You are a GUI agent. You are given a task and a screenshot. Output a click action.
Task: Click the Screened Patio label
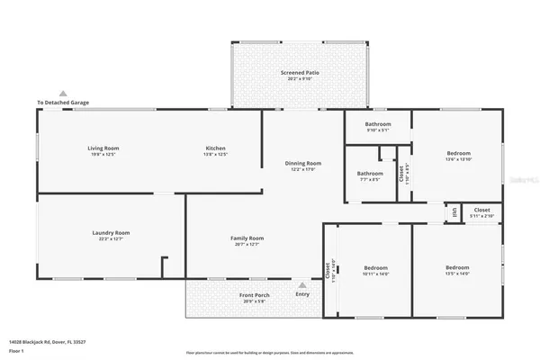301,72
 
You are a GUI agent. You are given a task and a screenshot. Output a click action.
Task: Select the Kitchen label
215,148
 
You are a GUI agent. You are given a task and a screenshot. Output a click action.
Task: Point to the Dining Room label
302,163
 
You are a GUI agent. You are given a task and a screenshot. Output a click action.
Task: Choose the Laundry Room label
111,232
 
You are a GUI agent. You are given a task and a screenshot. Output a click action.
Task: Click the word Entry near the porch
301,294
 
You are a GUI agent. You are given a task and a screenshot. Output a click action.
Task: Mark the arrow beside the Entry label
301,285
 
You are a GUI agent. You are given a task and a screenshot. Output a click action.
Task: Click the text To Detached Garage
63,103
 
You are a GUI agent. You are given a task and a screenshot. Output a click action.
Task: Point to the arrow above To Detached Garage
63,93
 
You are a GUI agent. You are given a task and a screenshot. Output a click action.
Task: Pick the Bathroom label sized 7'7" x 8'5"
370,173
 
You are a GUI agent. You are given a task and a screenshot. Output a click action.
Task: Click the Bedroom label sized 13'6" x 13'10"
457,153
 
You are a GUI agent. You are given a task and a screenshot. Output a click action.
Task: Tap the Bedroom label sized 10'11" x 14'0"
375,267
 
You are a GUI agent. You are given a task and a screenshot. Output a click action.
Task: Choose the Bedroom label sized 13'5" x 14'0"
457,267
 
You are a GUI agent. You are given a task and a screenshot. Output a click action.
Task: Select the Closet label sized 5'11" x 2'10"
482,210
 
